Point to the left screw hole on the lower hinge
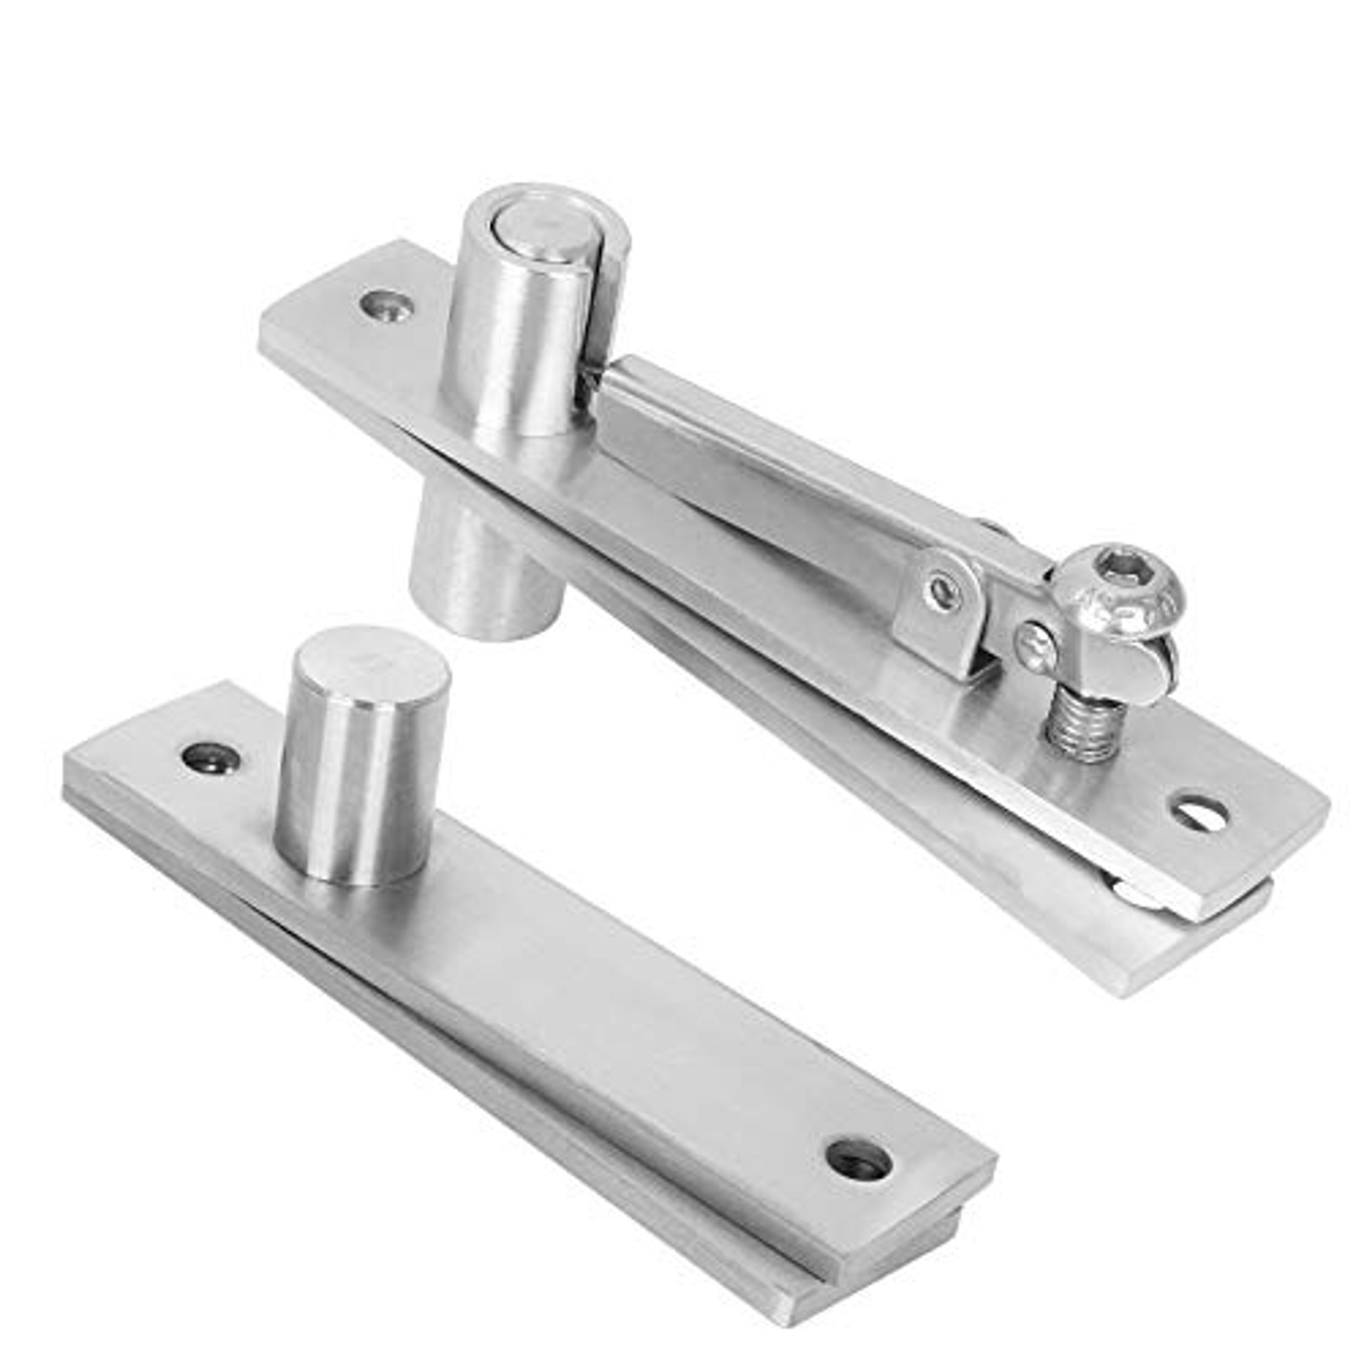tap(210, 758)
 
